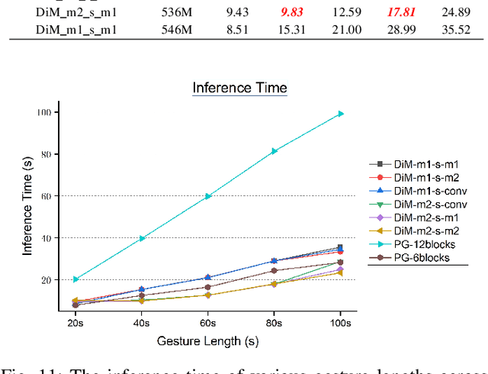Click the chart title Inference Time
[239, 88]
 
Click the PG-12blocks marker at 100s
[341, 114]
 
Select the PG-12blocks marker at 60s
[207, 196]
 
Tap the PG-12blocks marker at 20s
[75, 279]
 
